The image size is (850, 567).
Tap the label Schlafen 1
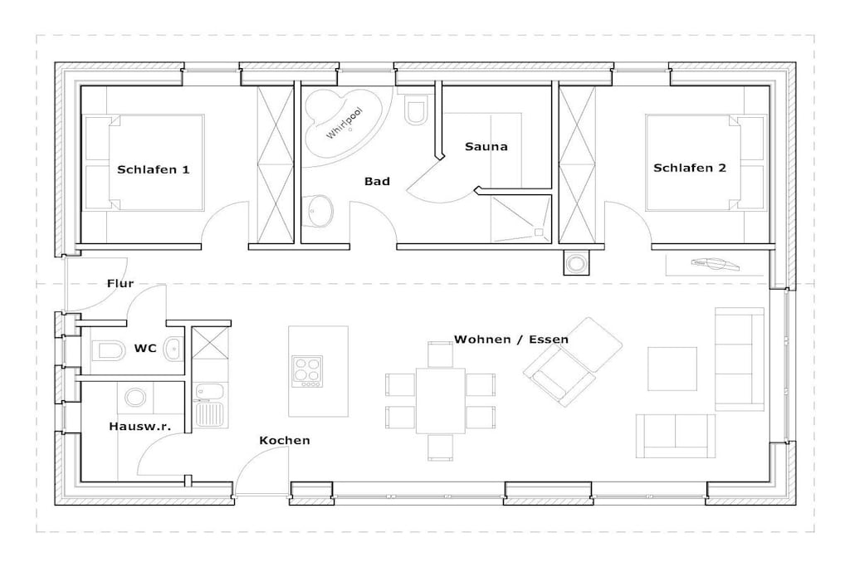coord(154,169)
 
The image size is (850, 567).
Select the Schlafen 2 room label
coord(690,168)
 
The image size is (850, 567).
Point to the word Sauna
coord(486,146)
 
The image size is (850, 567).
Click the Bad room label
coord(377,182)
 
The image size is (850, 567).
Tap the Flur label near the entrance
coord(120,283)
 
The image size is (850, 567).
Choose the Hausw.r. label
coord(139,426)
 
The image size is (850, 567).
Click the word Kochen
coord(285,440)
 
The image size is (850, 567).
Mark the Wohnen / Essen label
coord(511,340)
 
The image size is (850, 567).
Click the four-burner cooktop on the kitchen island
coord(307,371)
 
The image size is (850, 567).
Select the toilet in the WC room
coord(109,350)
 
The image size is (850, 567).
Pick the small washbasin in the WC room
coord(173,349)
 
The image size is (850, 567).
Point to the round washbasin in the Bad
coord(319,212)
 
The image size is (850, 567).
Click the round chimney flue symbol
coord(576,263)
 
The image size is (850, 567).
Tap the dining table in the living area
coord(440,401)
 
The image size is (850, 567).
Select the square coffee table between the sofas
coord(672,369)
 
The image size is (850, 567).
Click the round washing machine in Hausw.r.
coord(135,398)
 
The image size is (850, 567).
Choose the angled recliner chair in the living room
coord(573,362)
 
